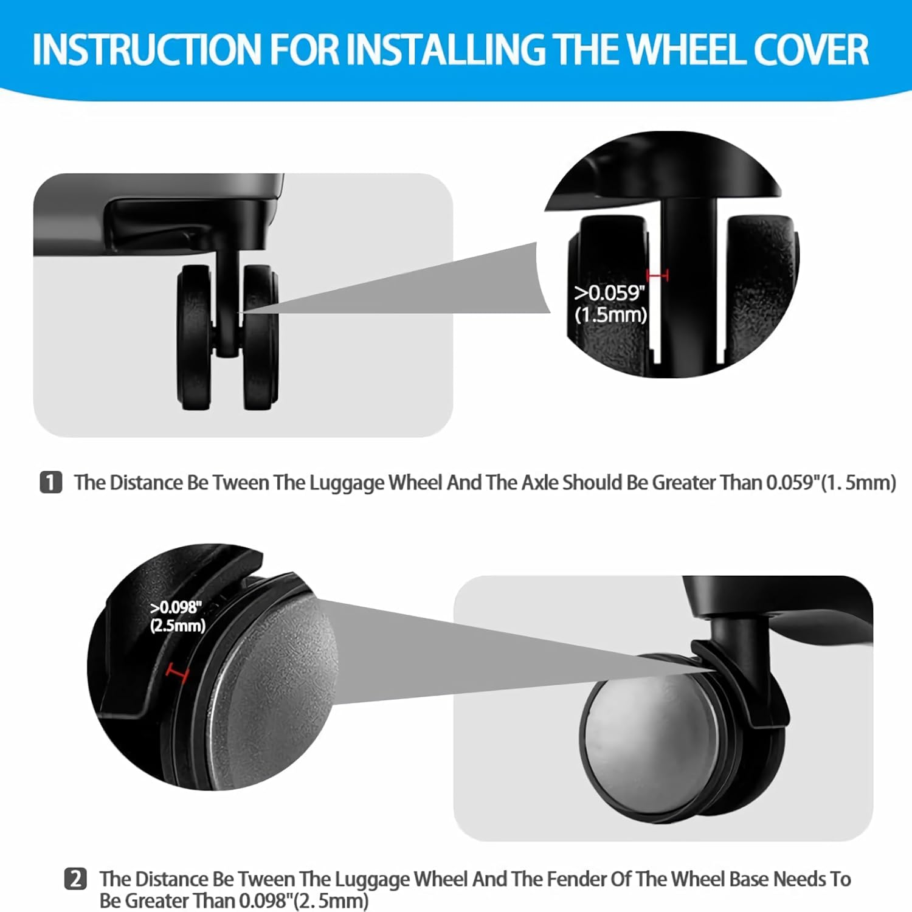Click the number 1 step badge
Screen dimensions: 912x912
coord(50,482)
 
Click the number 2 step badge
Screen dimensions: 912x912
coord(75,879)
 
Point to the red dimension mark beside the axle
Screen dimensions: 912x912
coord(657,276)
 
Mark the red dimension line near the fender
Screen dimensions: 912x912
coord(178,673)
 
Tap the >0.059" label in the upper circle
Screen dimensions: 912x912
coord(609,293)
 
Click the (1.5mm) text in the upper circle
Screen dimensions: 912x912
coord(610,315)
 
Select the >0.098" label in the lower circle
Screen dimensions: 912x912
coord(176,607)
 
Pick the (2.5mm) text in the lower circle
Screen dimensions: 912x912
coord(178,626)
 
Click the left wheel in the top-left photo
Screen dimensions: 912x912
coord(195,337)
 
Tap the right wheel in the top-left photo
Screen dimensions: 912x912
coord(260,337)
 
